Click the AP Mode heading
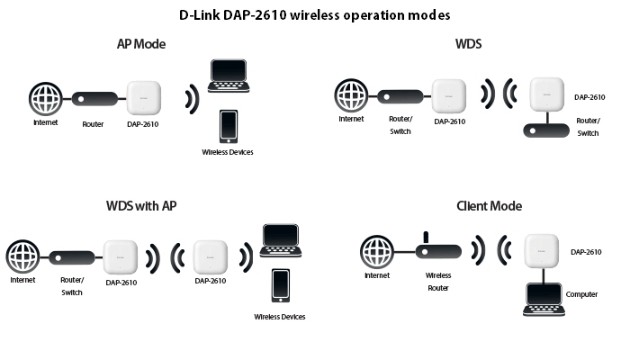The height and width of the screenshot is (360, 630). [141, 44]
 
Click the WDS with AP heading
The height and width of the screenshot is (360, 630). [141, 206]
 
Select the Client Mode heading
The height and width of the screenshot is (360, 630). [489, 206]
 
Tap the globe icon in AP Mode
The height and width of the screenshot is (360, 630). [45, 99]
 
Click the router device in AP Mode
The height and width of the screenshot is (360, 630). [94, 99]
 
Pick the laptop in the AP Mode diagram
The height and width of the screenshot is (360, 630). [229, 76]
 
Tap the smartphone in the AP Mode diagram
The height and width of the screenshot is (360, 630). [229, 127]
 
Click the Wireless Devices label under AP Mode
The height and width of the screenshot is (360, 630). [228, 152]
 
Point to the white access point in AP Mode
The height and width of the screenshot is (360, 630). [144, 97]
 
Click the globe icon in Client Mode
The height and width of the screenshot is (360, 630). [377, 252]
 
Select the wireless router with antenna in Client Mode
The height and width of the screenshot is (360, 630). [438, 247]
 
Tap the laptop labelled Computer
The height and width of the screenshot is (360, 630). [544, 300]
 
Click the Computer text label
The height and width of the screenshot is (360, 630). [581, 294]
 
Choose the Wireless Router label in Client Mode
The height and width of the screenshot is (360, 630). [438, 282]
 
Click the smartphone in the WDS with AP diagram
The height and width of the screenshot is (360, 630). [281, 285]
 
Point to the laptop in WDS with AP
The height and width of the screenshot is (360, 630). [281, 240]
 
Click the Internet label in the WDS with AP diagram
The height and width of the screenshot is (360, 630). [22, 280]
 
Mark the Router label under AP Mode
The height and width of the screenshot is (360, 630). [93, 124]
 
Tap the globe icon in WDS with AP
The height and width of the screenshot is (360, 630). [22, 256]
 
